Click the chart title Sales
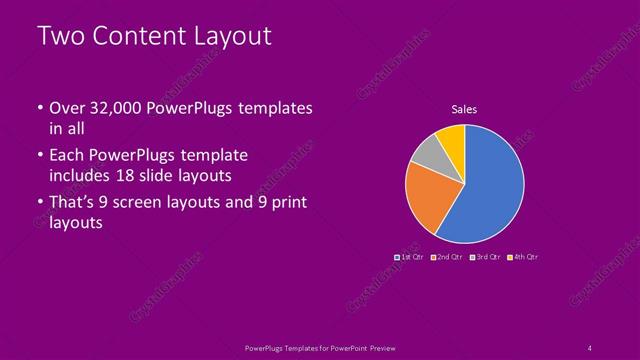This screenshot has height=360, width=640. tap(464, 109)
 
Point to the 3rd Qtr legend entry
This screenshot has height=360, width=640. tap(486, 257)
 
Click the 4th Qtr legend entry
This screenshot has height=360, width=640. tap(524, 257)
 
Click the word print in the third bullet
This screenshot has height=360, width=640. tap(287, 203)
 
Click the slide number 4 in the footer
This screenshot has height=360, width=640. tap(590, 347)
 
